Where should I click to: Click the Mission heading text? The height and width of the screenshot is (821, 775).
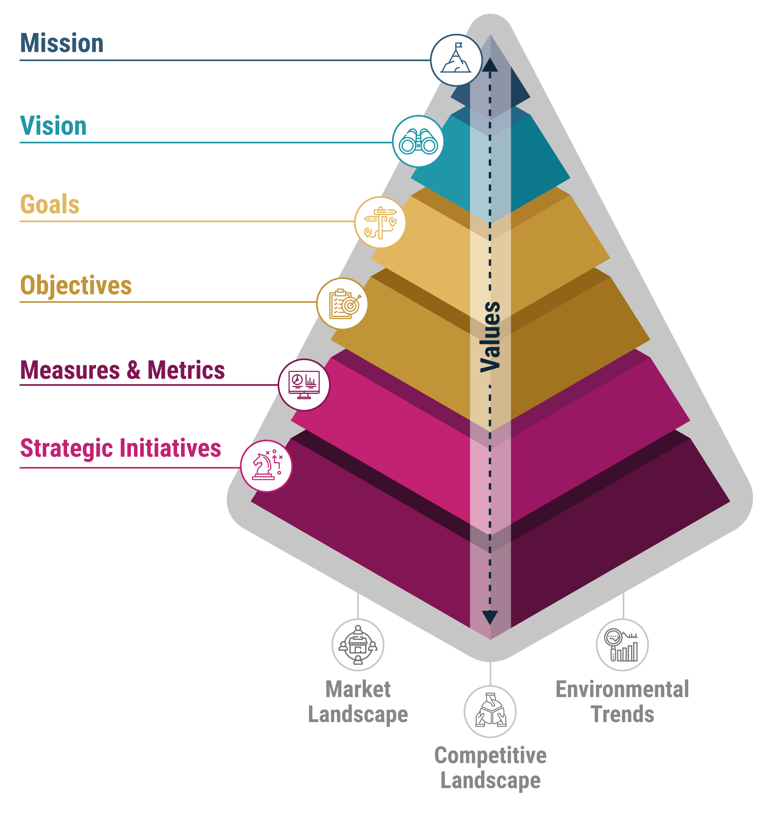(x=61, y=43)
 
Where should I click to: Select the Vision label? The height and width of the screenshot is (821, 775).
(x=53, y=126)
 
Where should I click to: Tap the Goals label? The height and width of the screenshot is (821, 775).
(x=49, y=205)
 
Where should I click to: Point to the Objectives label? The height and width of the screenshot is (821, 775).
(x=76, y=286)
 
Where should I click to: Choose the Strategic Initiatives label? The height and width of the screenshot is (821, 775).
(x=121, y=448)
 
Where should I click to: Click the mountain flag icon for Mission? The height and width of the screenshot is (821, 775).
(x=456, y=60)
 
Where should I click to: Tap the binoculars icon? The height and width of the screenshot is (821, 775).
(x=418, y=141)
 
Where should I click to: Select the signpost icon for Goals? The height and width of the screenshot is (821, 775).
(x=380, y=222)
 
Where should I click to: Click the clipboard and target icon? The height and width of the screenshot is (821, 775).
(x=342, y=304)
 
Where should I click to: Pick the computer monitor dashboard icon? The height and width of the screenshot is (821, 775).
(x=304, y=384)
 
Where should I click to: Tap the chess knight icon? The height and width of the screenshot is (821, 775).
(x=266, y=466)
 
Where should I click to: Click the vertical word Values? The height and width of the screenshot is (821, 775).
(x=490, y=336)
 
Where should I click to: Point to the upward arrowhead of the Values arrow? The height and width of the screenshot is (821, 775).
(x=490, y=65)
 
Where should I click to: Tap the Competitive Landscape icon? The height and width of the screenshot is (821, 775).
(x=490, y=712)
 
